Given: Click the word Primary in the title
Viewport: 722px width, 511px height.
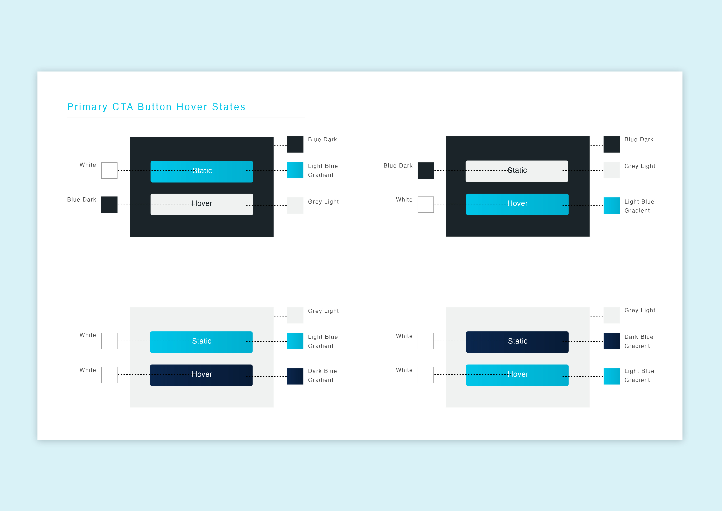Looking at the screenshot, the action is [87, 107].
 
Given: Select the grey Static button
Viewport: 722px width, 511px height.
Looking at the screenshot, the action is [517, 171].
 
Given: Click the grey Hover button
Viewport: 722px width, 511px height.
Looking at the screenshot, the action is [201, 204].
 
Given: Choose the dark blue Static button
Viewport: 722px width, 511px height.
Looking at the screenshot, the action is [517, 342].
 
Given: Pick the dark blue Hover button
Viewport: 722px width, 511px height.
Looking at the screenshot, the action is [201, 375].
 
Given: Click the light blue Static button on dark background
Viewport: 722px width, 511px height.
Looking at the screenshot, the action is [201, 172].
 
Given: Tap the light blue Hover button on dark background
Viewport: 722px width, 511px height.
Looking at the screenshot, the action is [517, 204].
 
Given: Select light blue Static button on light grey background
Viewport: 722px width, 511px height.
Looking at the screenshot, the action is [201, 342].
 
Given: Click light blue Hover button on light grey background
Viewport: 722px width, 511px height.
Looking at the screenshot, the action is [517, 375].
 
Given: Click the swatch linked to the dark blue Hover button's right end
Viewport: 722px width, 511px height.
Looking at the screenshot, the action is [295, 376].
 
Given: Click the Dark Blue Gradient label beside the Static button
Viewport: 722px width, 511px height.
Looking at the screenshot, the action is [639, 341].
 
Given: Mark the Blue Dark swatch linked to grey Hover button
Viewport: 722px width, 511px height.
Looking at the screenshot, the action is [109, 205].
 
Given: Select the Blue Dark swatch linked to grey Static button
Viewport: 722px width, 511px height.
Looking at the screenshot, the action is [425, 170].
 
